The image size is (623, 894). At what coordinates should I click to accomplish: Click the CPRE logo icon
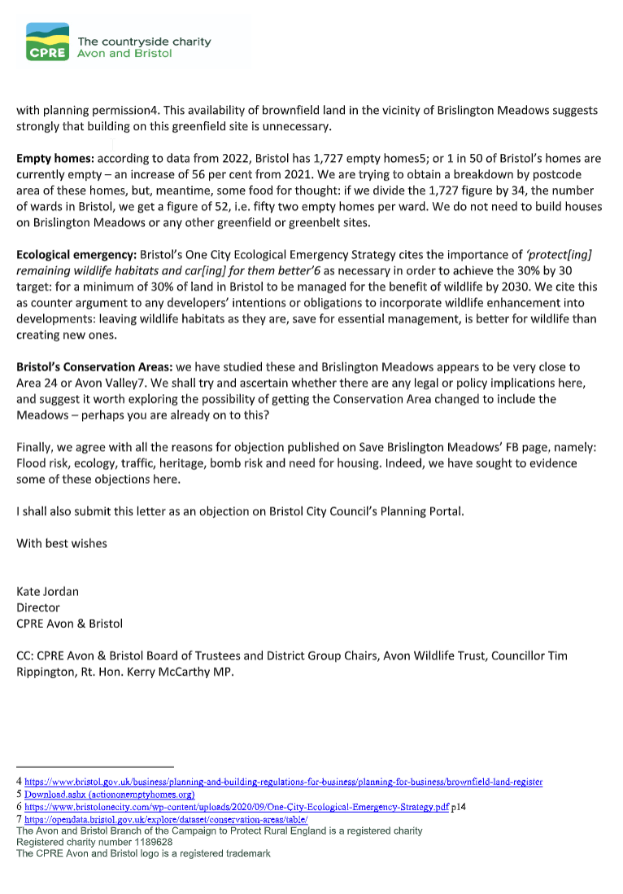click(x=47, y=42)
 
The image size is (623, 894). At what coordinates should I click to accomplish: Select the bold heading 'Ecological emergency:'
click(x=77, y=254)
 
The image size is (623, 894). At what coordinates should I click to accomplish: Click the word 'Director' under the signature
click(x=38, y=607)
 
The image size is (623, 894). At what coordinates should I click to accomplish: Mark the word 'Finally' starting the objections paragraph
click(x=37, y=447)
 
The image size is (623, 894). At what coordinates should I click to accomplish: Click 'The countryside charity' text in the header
click(x=144, y=42)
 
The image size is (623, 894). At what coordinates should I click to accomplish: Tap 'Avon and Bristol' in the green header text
click(x=124, y=54)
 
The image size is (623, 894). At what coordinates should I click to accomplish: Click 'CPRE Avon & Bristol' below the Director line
click(x=69, y=624)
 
